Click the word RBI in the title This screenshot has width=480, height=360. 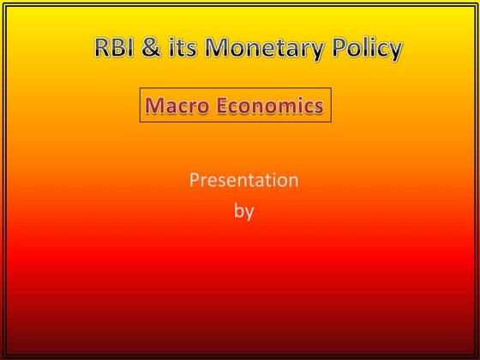click(x=114, y=49)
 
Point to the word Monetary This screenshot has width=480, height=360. click(x=263, y=50)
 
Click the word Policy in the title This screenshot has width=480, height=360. click(x=366, y=50)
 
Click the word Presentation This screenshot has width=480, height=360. click(x=243, y=180)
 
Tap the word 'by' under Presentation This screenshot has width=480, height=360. click(x=243, y=210)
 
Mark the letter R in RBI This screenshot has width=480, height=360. click(x=102, y=49)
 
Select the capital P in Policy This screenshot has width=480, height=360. click(x=341, y=49)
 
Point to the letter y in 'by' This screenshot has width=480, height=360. click(x=249, y=212)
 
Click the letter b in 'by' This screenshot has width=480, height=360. click(x=239, y=209)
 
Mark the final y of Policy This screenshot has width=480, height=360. click(x=394, y=52)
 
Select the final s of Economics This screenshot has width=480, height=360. click(x=319, y=107)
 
